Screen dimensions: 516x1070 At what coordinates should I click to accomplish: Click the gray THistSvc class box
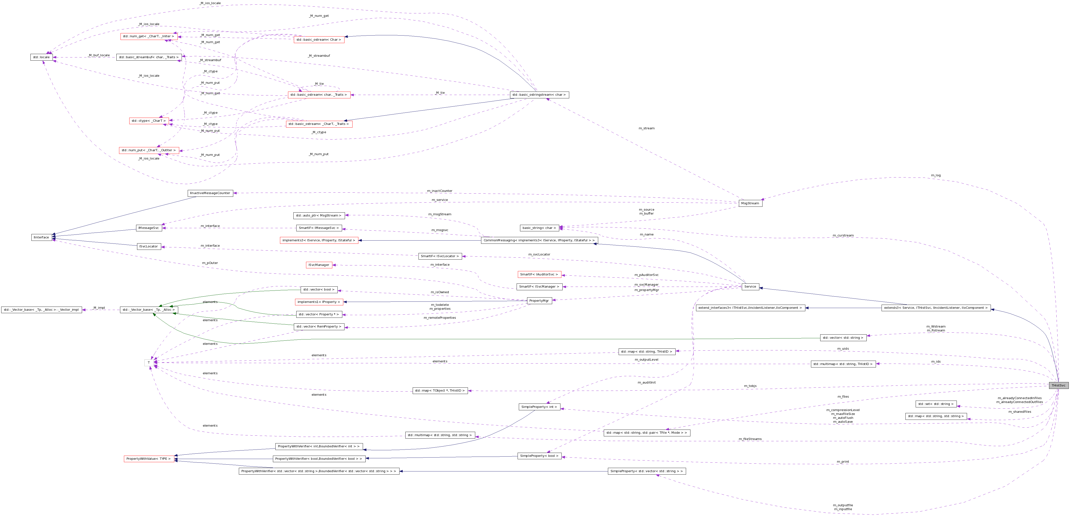click(x=1058, y=385)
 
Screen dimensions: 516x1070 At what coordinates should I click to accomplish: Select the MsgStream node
click(x=750, y=203)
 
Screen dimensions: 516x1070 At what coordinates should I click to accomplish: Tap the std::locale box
click(x=41, y=57)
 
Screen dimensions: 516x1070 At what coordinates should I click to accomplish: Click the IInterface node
click(x=41, y=237)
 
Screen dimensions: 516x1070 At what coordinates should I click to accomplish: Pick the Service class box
click(x=750, y=287)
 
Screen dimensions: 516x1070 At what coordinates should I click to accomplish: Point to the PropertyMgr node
click(x=539, y=300)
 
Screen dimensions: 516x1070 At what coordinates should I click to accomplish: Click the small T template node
click(x=149, y=363)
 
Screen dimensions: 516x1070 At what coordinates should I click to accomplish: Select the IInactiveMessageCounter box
click(x=210, y=193)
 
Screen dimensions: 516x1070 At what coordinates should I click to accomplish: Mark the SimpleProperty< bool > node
click(x=539, y=456)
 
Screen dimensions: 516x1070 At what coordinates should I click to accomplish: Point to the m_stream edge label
click(x=646, y=128)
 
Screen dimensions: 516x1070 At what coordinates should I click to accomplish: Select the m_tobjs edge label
click(x=750, y=386)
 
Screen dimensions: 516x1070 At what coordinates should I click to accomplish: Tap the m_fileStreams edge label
click(x=750, y=439)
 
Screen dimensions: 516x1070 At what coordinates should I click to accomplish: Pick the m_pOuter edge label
click(x=210, y=263)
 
